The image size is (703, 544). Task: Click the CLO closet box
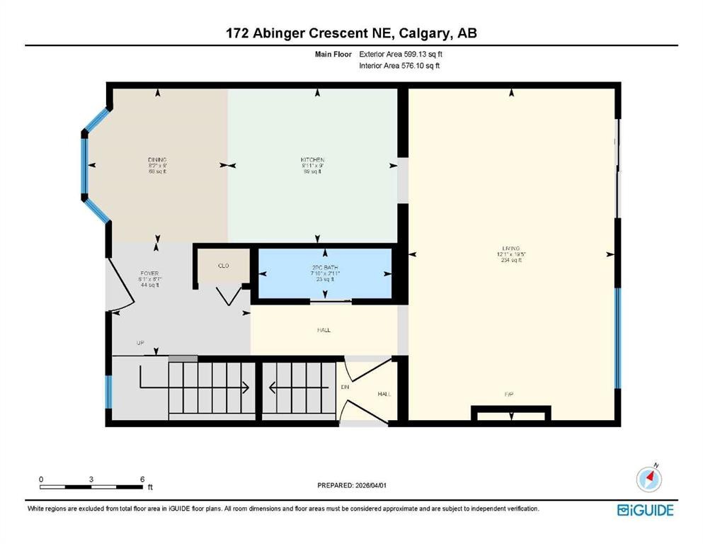coord(222,266)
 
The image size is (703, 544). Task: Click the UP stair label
coord(140,344)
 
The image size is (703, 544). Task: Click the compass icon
coord(649,480)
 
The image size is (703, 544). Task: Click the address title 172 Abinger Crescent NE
coord(351,33)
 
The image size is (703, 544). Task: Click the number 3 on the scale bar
coord(91,480)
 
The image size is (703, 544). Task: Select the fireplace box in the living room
coord(510,413)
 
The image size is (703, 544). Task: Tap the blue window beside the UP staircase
coord(109,392)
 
